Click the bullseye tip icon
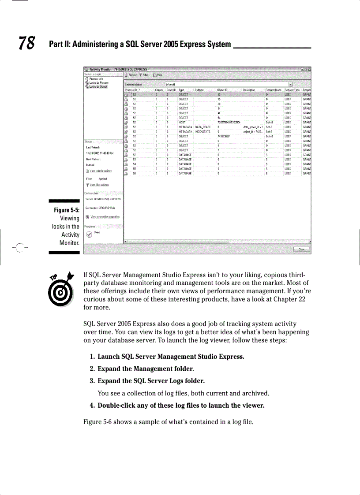[60, 287]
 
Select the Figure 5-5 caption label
[66, 210]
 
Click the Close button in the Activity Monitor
[301, 249]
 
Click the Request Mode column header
[274, 90]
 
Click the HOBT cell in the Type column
[182, 123]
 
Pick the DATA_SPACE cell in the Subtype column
[202, 127]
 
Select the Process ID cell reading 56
[135, 173]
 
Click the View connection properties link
[105, 216]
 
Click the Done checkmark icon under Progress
[89, 234]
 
